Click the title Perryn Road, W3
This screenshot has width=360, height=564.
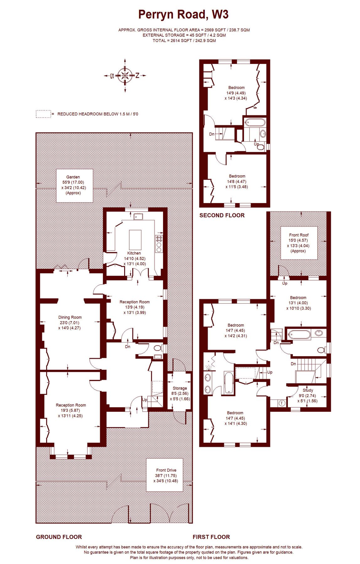click(x=183, y=15)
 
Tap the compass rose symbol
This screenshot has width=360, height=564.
click(x=125, y=75)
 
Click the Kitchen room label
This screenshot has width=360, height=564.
click(x=134, y=253)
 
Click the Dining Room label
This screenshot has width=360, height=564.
click(x=70, y=317)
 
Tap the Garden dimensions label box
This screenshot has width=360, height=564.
click(x=74, y=185)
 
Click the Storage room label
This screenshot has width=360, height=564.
click(x=180, y=388)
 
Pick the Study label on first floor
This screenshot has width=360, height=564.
click(x=308, y=390)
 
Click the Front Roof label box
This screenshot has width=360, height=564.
click(x=299, y=243)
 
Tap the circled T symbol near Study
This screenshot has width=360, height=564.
click(x=282, y=403)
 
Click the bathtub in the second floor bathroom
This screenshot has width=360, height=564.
click(x=255, y=123)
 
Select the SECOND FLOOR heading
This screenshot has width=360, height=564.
click(x=222, y=215)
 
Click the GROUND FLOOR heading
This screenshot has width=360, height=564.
click(x=59, y=537)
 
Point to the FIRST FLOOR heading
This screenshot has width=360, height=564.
click(x=211, y=537)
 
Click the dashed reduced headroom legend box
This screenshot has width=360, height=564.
click(x=43, y=114)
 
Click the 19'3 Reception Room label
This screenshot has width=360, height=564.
click(x=71, y=405)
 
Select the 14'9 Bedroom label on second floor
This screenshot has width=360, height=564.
click(x=236, y=88)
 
